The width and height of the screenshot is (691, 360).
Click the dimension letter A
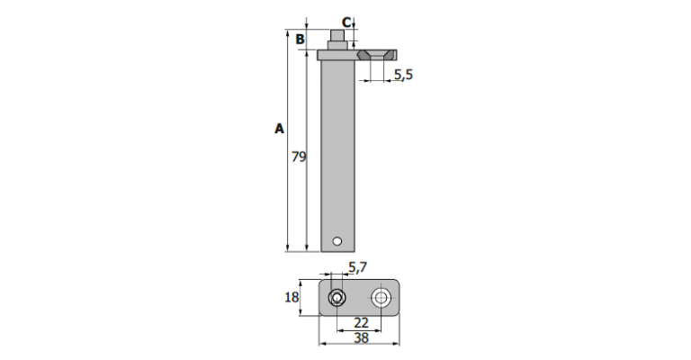(x=280, y=129)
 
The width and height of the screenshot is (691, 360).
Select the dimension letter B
(x=301, y=40)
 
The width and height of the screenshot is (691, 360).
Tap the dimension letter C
(x=346, y=22)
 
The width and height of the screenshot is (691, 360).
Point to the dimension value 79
(x=299, y=157)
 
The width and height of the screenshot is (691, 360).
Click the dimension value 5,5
(x=403, y=75)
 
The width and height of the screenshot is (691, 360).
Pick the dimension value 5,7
(x=357, y=267)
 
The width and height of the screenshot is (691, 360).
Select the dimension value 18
(x=292, y=297)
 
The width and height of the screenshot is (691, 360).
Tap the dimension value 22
(x=361, y=322)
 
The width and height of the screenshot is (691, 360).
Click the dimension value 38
(x=361, y=338)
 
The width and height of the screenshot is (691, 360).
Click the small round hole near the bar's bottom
(x=337, y=241)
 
